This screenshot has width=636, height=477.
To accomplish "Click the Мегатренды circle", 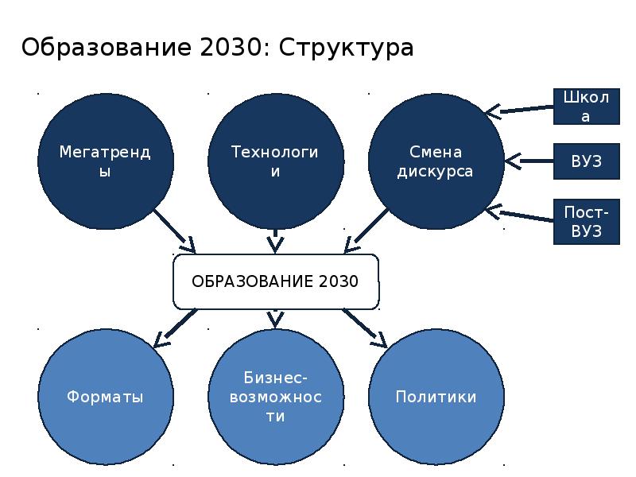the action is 106,161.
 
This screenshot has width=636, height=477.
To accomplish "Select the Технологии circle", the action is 276,161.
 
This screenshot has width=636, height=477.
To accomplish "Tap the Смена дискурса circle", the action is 436,161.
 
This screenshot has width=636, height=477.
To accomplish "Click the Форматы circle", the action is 106,397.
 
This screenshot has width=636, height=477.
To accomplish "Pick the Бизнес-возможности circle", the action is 276,397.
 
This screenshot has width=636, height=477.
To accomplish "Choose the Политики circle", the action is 436,397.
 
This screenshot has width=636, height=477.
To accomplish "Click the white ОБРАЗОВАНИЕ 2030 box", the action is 276,281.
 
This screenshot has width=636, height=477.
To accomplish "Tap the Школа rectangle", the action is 587,107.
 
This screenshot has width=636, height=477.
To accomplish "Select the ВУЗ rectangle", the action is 587,161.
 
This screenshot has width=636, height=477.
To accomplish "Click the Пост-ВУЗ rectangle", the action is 587,222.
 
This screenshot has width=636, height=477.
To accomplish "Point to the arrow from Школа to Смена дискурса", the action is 520,110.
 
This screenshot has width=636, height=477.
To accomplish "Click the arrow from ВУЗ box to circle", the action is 529,161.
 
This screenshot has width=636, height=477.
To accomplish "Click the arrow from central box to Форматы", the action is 175,328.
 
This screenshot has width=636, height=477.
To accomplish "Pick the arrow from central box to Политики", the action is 365,328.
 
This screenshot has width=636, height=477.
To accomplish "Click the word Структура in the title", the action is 347,48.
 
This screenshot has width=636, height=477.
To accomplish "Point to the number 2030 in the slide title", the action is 231,47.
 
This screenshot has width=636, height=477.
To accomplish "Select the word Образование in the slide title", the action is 106,47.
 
